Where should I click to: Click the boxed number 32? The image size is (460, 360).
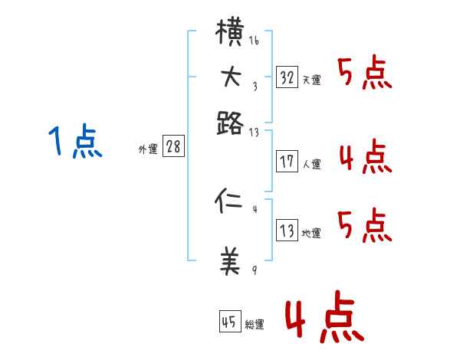click(287, 77)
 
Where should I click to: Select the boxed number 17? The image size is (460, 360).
click(287, 162)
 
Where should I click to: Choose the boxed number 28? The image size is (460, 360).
click(173, 147)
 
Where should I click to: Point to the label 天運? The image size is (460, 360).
click(311, 80)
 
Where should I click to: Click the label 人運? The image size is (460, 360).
click(311, 164)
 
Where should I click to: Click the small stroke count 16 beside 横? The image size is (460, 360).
click(254, 41)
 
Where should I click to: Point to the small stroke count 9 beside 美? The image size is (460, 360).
click(254, 270)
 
